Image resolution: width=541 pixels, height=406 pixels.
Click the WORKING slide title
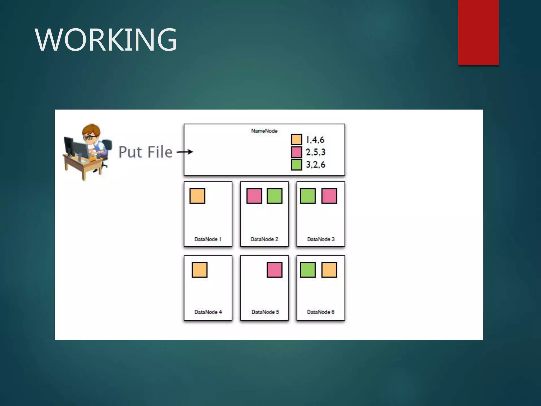tap(106, 40)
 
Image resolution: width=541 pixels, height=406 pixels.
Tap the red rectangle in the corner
tap(478, 32)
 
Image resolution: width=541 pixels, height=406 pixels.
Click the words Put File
tap(145, 152)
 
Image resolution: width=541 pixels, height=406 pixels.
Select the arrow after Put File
tap(185, 152)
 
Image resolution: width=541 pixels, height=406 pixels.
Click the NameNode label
tap(264, 131)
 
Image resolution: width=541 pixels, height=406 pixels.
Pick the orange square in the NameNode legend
tap(296, 139)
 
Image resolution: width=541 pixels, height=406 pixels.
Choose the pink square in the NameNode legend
tap(296, 152)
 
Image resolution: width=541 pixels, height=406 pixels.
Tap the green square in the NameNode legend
tap(296, 164)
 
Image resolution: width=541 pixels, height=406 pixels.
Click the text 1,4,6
tap(315, 140)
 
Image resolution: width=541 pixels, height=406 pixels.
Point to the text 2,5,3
tap(315, 152)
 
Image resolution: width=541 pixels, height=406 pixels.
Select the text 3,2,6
tap(315, 164)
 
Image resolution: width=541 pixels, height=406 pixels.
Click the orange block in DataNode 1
tap(197, 196)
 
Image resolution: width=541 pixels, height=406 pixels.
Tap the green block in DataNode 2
tap(274, 196)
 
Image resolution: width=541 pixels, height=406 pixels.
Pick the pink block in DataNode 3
tap(329, 196)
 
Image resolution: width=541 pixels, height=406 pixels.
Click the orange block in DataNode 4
tap(199, 270)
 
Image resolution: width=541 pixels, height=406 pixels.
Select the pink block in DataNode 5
tap(274, 270)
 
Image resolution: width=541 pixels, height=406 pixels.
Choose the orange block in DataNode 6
tap(329, 270)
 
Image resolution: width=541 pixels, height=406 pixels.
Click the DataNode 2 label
tap(264, 239)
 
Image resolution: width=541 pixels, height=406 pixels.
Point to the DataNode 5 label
tap(265, 312)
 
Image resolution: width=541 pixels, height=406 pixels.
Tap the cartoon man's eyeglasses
tap(90, 137)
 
